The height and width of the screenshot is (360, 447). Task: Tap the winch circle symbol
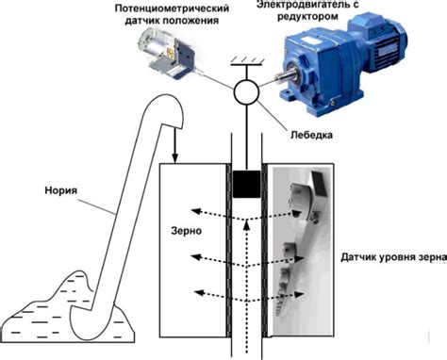coord(246,92)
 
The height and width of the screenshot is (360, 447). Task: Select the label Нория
coord(60,190)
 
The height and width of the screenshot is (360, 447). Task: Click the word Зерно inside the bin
coord(186,231)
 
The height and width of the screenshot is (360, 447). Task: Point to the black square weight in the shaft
coord(247,184)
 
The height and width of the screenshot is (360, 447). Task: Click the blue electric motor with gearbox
coord(341,63)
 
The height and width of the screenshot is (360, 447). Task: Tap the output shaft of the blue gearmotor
coord(286,76)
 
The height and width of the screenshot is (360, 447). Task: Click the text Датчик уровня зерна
coord(393,257)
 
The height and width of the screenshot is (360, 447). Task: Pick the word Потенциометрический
coord(172,8)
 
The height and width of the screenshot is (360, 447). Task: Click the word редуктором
coord(307,16)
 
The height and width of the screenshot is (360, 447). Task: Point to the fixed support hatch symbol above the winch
coord(246,61)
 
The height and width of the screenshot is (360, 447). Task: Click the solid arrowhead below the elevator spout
coord(175,159)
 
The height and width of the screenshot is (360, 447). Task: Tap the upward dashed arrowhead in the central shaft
coord(247,225)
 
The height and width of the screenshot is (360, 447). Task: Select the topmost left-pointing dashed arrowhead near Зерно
coord(196,211)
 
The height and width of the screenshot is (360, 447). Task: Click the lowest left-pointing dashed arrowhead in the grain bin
coord(199,293)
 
